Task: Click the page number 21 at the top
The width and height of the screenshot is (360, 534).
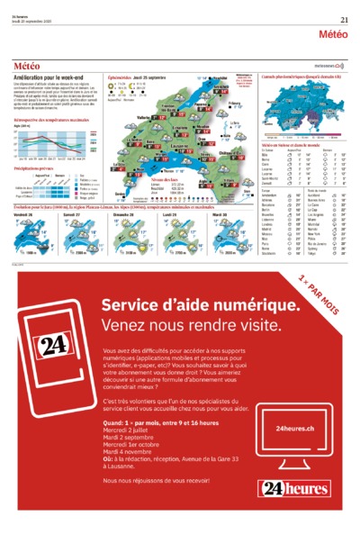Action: click(345, 20)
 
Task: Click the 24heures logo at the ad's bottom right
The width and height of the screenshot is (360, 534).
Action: click(293, 489)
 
